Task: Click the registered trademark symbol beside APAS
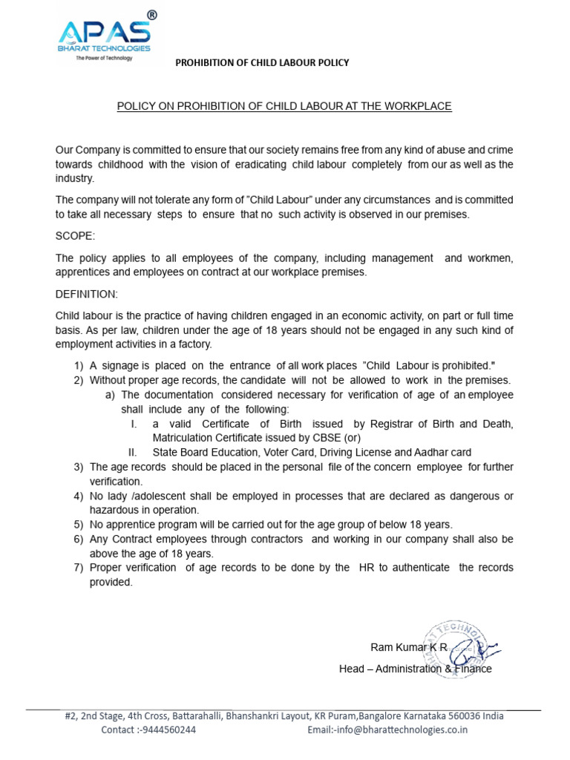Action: [151, 15]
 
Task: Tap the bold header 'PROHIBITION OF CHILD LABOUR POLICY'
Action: [262, 63]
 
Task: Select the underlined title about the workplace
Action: [284, 106]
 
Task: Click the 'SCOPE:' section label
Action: [76, 236]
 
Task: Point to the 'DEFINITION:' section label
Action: [86, 294]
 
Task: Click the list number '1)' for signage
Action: [79, 366]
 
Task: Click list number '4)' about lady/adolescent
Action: [79, 496]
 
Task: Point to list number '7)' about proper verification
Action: [79, 568]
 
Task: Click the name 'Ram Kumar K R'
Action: [409, 647]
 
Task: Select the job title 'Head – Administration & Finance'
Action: [415, 669]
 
